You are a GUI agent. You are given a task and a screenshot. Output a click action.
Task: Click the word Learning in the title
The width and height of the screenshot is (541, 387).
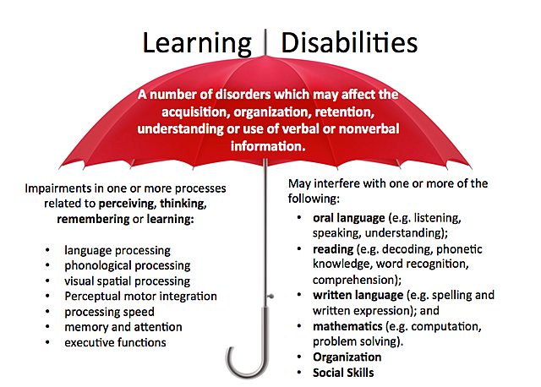pyautogui.click(x=196, y=43)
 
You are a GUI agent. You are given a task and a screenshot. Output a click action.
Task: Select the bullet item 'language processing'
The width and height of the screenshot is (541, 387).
pyautogui.click(x=117, y=250)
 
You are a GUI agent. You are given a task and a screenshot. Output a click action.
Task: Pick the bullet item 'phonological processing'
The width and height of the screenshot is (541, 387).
pyautogui.click(x=128, y=265)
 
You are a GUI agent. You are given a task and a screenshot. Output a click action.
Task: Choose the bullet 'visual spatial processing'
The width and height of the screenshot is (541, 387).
pyautogui.click(x=127, y=281)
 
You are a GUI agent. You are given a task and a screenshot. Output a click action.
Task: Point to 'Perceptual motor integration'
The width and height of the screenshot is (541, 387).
pyautogui.click(x=140, y=296)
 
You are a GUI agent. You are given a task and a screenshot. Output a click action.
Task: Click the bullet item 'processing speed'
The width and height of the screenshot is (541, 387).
pyautogui.click(x=109, y=311)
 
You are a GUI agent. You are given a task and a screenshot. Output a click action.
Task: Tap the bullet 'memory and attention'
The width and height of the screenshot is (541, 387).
pyautogui.click(x=123, y=326)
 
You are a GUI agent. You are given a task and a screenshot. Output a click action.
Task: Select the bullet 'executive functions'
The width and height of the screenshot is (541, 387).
pyautogui.click(x=115, y=341)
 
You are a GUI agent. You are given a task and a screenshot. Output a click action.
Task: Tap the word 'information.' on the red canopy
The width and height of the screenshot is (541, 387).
pyautogui.click(x=267, y=144)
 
